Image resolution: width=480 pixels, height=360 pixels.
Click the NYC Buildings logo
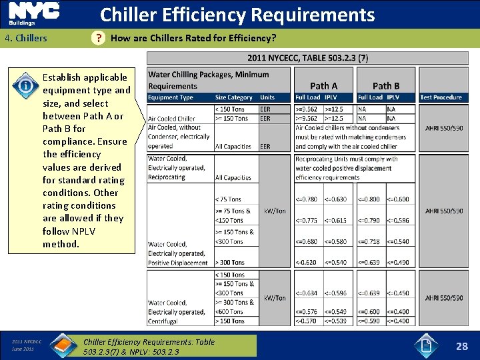point(34,14)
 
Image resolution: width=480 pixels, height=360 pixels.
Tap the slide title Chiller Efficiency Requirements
point(237,15)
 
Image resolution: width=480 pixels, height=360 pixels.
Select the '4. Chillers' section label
point(26,38)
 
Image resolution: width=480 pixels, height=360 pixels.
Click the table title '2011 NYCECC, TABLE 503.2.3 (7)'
point(307,58)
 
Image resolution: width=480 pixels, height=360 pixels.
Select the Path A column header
point(324,85)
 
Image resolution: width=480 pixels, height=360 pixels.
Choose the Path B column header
point(386,85)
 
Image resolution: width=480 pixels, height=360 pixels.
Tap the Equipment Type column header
point(171,97)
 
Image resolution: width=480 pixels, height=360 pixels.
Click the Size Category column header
point(233,97)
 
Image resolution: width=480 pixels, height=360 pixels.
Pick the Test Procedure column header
point(441,97)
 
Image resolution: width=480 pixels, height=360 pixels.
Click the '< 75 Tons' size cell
point(228,199)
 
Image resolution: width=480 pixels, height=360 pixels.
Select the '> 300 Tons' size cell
point(230,263)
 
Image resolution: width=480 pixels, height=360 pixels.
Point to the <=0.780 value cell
point(307,199)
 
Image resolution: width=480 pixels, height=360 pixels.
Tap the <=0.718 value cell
point(369,241)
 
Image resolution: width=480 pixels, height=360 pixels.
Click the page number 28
point(461,346)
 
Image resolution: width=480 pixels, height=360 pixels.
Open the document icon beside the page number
point(427,345)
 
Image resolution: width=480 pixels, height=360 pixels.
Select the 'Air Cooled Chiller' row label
point(171,119)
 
